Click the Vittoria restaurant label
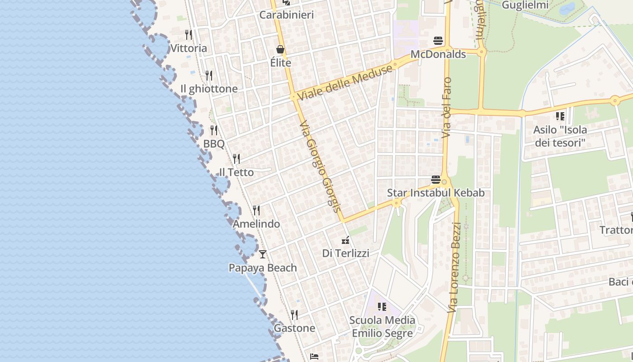click(189, 48)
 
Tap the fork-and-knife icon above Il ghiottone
click(208, 75)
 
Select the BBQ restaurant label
click(213, 144)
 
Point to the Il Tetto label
click(236, 172)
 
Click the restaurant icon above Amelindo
click(256, 210)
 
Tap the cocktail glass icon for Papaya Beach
click(262, 254)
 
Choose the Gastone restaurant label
click(294, 328)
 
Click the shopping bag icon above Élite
click(280, 49)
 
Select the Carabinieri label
click(286, 15)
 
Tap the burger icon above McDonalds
click(438, 41)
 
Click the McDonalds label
click(438, 54)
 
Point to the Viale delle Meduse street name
click(345, 83)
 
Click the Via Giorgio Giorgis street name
click(319, 166)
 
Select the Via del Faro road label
click(446, 108)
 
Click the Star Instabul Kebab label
click(435, 193)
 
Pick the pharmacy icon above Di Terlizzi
click(345, 240)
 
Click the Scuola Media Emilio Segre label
click(382, 327)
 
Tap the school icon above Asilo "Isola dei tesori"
click(560, 116)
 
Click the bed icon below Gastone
click(314, 357)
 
